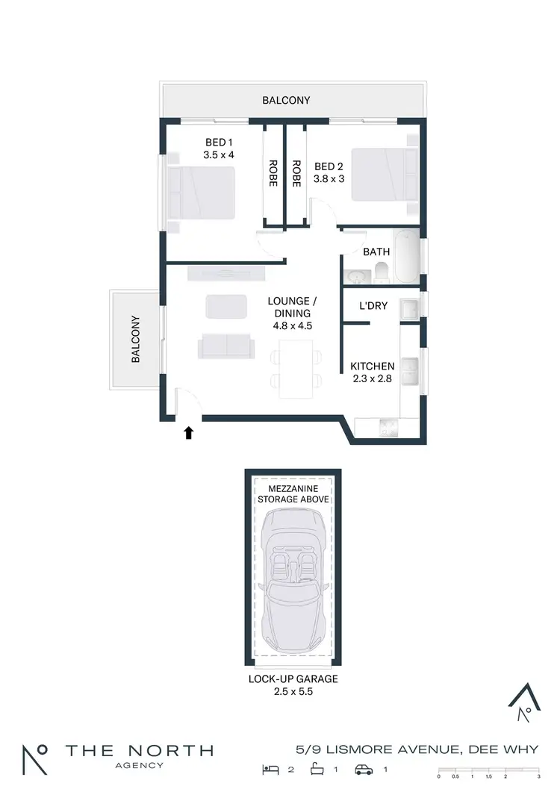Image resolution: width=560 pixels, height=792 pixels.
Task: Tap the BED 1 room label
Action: tap(220, 143)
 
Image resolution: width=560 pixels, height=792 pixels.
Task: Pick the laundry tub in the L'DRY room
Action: tap(409, 309)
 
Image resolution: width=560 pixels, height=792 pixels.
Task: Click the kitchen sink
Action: tap(408, 370)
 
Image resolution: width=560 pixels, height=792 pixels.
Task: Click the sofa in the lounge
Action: tap(224, 346)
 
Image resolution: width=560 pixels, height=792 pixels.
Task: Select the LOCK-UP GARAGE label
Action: tap(293, 679)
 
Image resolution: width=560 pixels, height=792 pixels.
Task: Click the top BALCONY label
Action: tap(286, 100)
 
